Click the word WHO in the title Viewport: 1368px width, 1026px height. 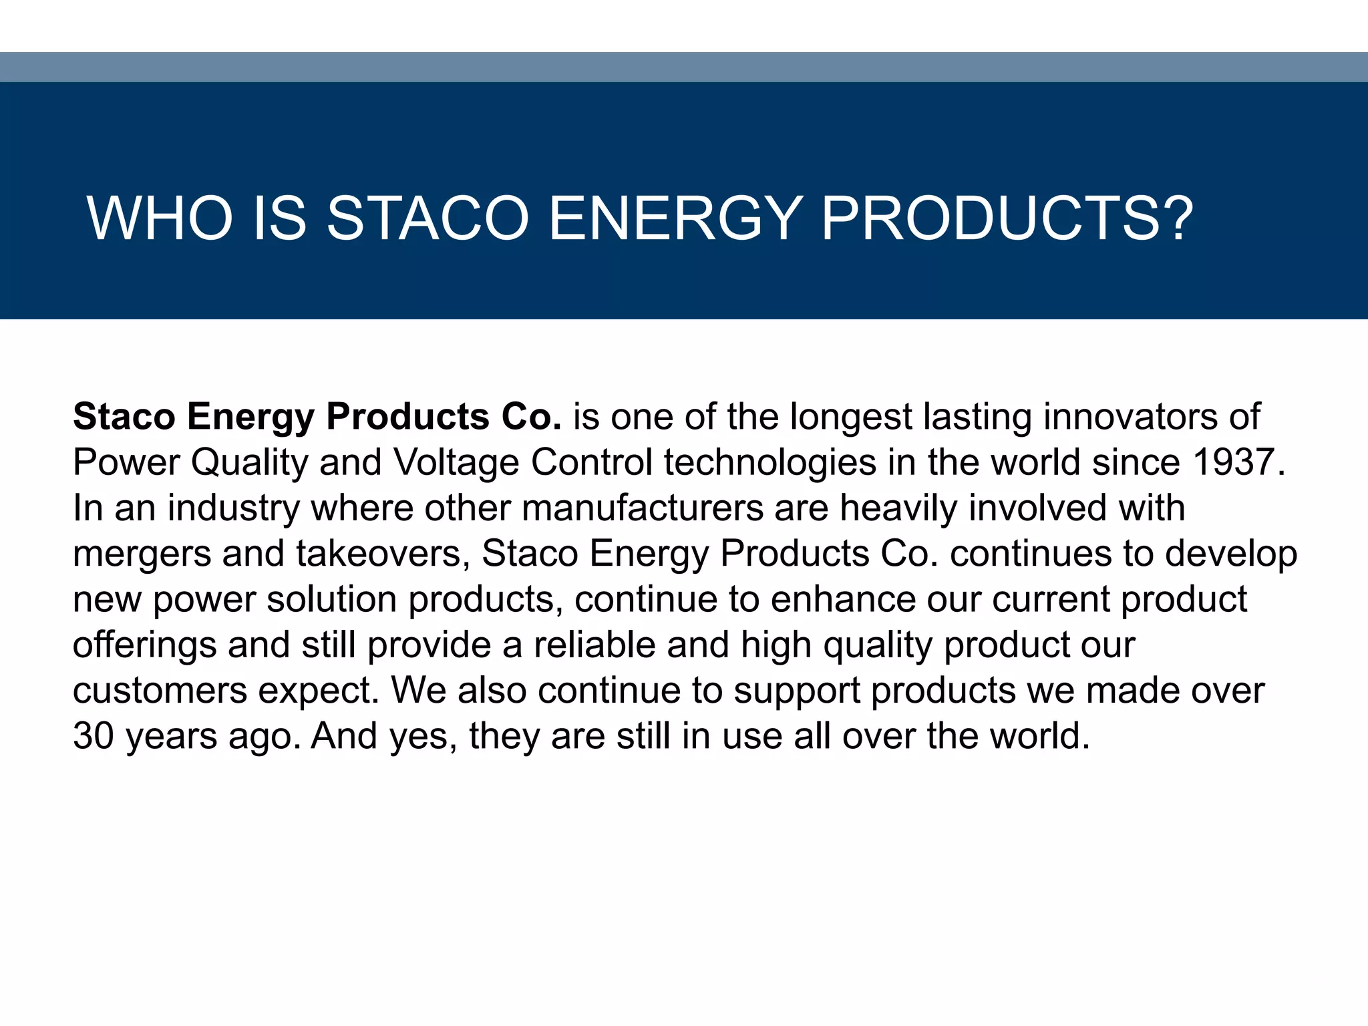pos(160,218)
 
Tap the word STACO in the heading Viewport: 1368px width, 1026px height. pos(427,218)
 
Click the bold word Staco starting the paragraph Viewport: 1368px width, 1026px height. pos(124,417)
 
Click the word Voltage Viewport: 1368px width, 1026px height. pos(456,462)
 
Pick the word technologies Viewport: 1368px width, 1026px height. pos(770,462)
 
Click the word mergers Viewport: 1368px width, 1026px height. pos(142,554)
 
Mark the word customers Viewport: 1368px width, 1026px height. pos(160,691)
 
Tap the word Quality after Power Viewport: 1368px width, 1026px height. pos(250,462)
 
